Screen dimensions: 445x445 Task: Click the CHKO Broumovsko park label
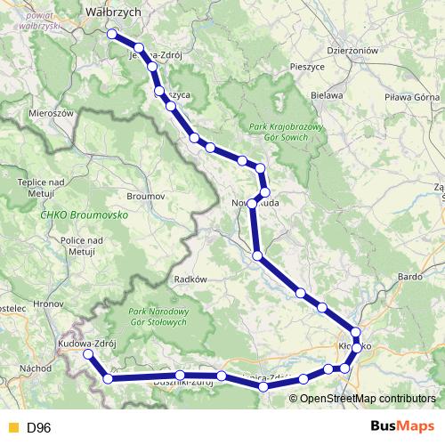coord(85,215)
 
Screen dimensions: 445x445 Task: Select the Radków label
coord(192,279)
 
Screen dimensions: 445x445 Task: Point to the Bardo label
coord(410,277)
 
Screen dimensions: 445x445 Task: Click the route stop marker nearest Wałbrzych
coord(112,34)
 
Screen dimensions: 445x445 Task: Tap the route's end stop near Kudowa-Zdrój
coord(88,354)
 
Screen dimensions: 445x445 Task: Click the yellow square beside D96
coord(12,428)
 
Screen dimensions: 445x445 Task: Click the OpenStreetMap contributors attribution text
coord(362,398)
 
